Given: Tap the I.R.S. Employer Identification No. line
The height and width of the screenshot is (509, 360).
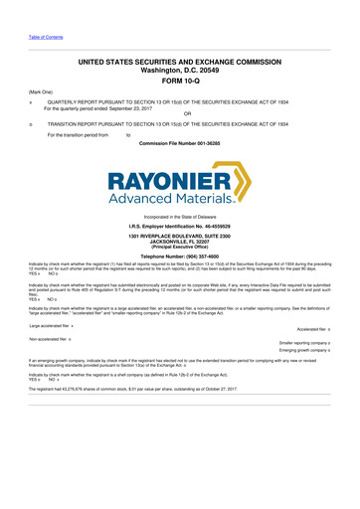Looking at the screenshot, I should coord(179,228).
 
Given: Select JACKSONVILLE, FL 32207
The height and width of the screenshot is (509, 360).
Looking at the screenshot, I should coord(179,244).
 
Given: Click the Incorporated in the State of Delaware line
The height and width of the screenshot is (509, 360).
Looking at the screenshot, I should coord(179,217).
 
